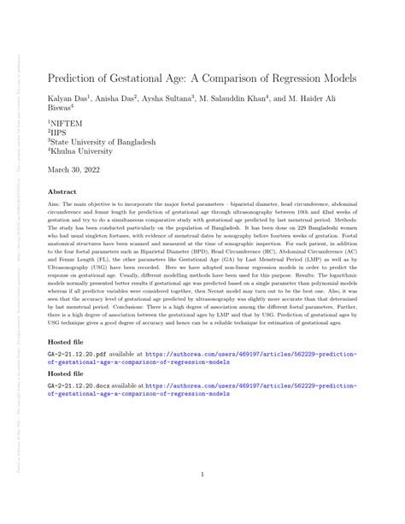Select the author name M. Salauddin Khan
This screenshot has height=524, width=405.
pyautogui.click(x=241, y=99)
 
